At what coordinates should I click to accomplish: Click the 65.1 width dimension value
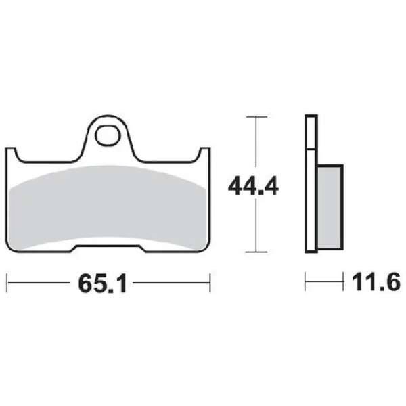click(103, 284)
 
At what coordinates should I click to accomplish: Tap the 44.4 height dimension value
click(253, 185)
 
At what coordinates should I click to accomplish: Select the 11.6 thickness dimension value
click(376, 282)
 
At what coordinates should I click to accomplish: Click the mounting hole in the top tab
click(108, 135)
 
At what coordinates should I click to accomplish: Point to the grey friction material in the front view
click(108, 207)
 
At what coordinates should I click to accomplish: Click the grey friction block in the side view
click(330, 207)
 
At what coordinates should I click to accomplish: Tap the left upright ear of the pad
click(11, 156)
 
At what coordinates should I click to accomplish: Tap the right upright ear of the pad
click(205, 156)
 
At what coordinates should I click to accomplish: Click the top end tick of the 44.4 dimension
click(256, 117)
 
